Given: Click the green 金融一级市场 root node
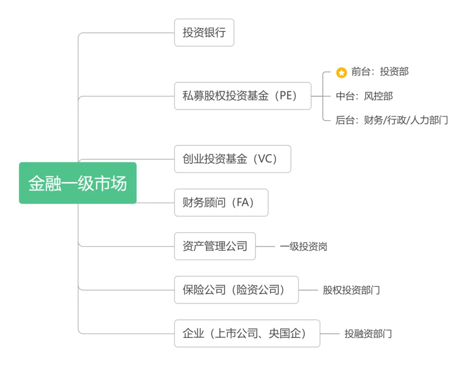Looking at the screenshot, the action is (x=78, y=183).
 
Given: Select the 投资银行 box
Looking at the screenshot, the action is (x=204, y=32).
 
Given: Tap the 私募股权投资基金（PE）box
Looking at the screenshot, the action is (x=243, y=96).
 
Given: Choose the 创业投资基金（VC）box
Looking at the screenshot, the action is (x=233, y=159).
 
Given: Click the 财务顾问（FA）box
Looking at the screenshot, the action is (x=221, y=203).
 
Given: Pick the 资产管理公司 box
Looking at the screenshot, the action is (x=215, y=246).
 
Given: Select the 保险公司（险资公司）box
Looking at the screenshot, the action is (x=236, y=290).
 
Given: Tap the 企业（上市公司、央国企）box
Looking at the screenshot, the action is (x=247, y=334).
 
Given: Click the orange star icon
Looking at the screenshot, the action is (x=342, y=72).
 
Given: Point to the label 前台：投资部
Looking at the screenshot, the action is (x=380, y=72).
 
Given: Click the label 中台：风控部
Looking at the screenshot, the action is (x=364, y=96).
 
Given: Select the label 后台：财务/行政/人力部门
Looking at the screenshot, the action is (x=392, y=120).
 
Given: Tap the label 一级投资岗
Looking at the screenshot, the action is (x=304, y=246).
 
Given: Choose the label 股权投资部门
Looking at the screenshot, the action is (x=351, y=290).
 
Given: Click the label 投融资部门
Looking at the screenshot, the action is (x=368, y=334).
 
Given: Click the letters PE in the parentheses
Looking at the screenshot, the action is (x=286, y=96).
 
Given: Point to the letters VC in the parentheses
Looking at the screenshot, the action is (x=265, y=159).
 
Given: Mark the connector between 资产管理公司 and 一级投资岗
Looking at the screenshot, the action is (x=265, y=246).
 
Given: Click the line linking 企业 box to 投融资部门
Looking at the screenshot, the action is (x=330, y=334).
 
